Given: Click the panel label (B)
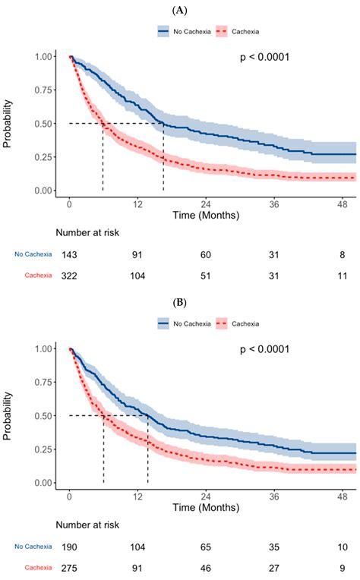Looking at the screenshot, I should (x=180, y=301).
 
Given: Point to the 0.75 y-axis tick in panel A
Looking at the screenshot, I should (x=45, y=90).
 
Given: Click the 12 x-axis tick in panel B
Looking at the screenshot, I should (x=137, y=495).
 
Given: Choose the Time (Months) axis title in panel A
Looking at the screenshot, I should (x=206, y=216).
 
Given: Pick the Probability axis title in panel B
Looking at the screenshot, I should (x=10, y=416).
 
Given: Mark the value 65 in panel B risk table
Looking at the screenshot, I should (x=207, y=547).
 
